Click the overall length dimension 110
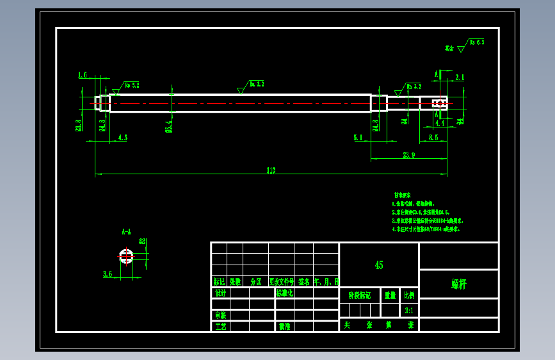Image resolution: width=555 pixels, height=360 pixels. pos(271,170)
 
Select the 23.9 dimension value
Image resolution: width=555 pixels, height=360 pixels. pos(409,154)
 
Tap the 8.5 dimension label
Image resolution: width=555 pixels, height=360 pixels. pos(433,137)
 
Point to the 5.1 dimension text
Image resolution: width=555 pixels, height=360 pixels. pos(358,137)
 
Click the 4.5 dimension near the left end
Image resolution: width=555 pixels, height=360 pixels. pos(122,137)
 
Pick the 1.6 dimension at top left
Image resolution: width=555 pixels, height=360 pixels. pos(82,75)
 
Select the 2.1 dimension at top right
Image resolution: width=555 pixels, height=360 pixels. pos(459,78)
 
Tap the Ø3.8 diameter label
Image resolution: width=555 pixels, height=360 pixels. pos(79,125)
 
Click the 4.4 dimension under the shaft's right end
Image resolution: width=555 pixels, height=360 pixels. pos(440,122)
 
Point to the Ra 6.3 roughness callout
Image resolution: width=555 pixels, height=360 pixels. pos(476,42)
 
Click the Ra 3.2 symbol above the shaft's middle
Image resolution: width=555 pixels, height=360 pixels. pos(256,84)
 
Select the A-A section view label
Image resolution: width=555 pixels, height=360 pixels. pos(126,231)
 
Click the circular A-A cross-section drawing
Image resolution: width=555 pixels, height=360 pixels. pos(126,257)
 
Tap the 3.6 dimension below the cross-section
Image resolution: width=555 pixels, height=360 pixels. pos(108,274)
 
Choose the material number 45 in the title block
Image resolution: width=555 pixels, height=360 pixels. pos(379,265)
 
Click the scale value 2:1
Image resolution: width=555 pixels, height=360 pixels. pos(409,311)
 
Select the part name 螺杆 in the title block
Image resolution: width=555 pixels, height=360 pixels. pos(458,284)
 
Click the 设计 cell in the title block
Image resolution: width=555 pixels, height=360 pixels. pos(220,293)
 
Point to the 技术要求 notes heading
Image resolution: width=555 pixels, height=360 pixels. pos(403,195)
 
